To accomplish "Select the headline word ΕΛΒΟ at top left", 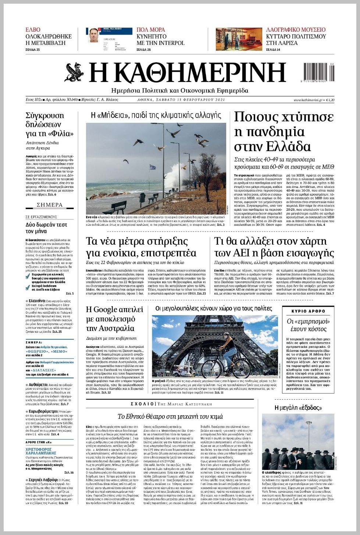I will point(33,30).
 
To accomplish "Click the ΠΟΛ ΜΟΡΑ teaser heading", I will point(151,30).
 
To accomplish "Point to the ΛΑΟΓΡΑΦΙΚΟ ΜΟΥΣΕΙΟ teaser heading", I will point(296,30).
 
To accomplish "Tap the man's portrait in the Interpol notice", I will point(94,36).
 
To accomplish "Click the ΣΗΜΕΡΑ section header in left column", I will point(50,205).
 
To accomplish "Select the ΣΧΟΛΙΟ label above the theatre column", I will point(142,404).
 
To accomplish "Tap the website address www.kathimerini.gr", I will point(308,100).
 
